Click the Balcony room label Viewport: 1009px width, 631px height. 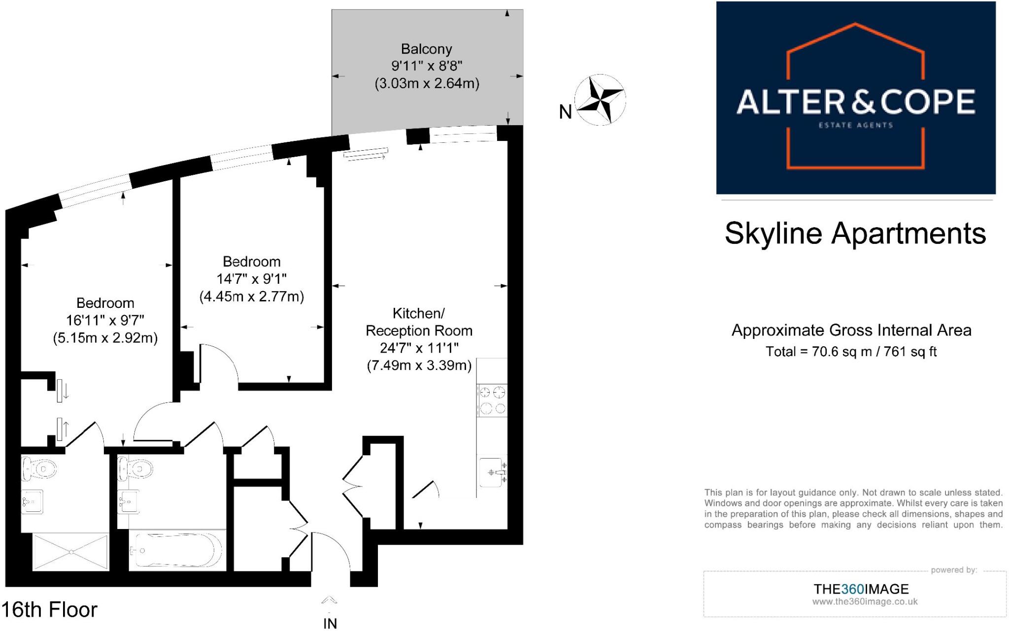click(x=426, y=49)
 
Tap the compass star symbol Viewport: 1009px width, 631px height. click(x=600, y=100)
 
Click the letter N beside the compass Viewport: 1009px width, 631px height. click(x=565, y=112)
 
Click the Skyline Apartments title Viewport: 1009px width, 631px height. click(x=855, y=233)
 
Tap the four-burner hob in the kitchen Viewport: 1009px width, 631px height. click(x=492, y=400)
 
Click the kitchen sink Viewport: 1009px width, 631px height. click(x=492, y=472)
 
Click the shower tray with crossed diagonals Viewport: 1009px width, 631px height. click(x=70, y=552)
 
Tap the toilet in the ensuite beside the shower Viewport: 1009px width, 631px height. click(x=38, y=468)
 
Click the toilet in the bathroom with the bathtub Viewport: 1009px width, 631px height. click(x=135, y=468)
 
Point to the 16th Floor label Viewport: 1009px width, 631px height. click(x=50, y=610)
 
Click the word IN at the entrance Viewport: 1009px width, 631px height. click(x=330, y=624)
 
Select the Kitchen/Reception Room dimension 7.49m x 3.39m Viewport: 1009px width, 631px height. click(x=419, y=365)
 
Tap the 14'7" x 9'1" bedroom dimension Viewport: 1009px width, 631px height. click(x=251, y=279)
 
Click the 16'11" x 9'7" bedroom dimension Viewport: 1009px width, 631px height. click(x=105, y=320)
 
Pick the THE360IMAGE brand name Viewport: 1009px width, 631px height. click(x=861, y=589)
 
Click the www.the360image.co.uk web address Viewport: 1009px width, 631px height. click(x=865, y=601)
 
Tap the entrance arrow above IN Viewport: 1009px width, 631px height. click(x=329, y=600)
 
